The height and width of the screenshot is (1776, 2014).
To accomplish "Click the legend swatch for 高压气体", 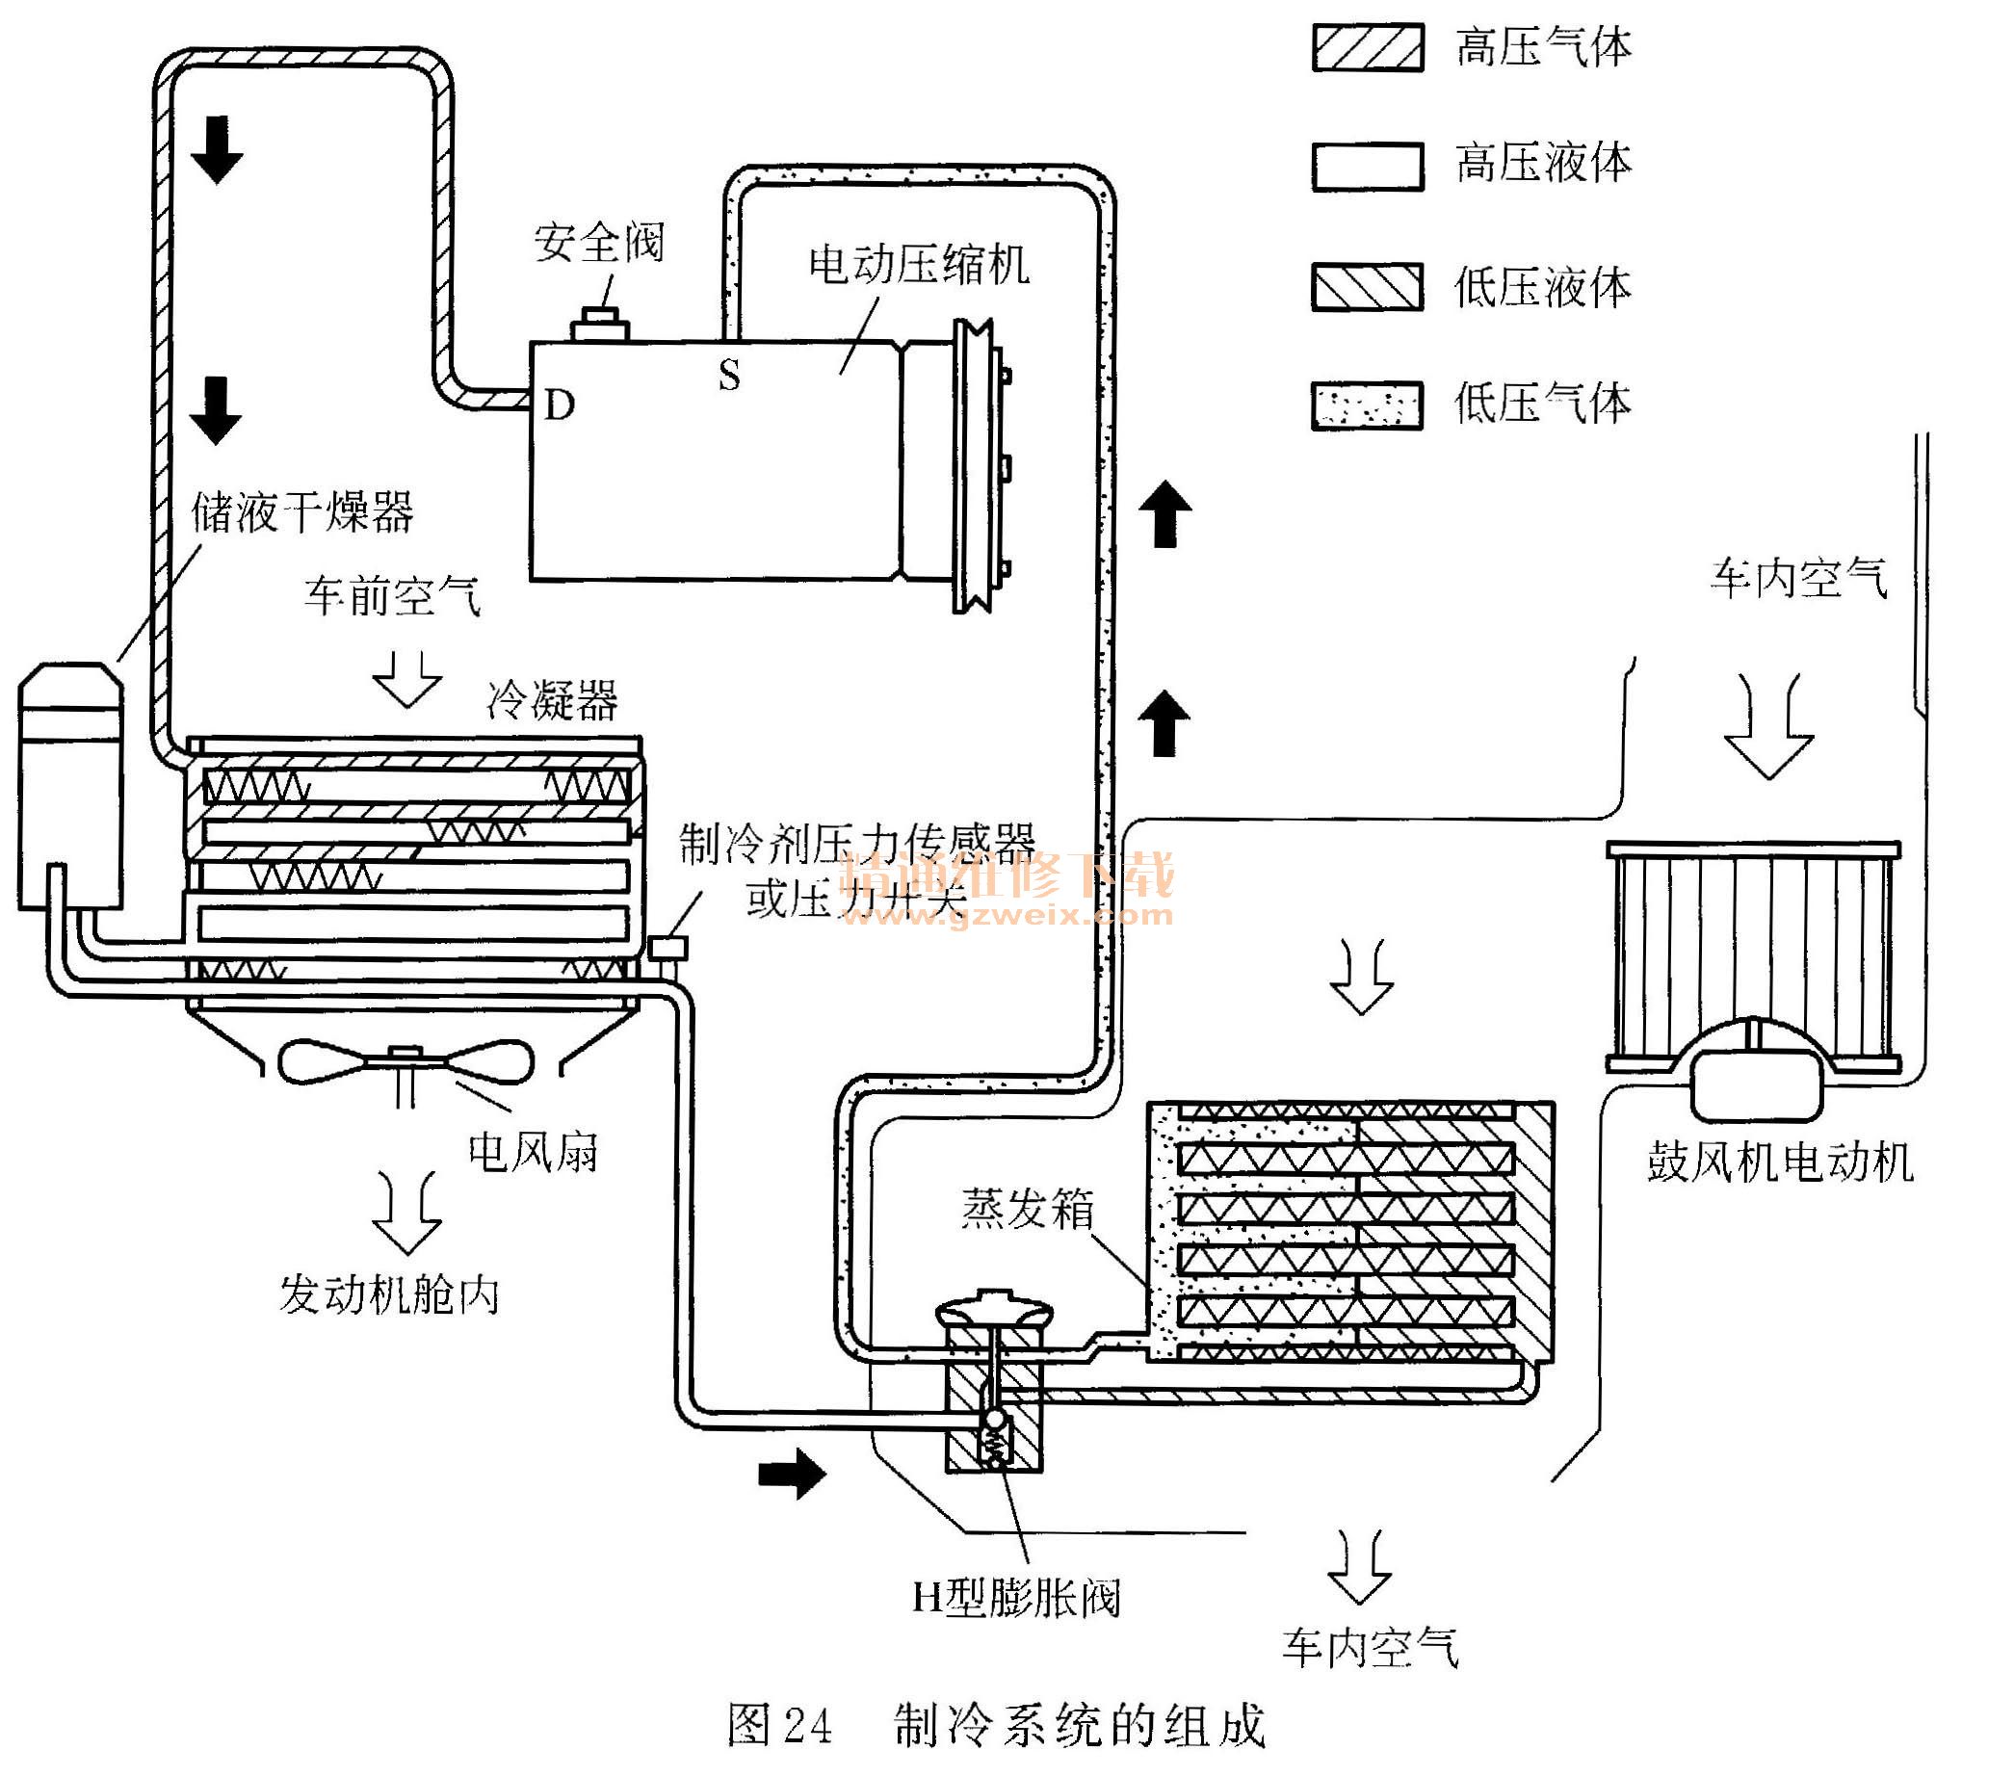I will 1367,47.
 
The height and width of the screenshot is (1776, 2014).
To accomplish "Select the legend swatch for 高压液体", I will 1367,166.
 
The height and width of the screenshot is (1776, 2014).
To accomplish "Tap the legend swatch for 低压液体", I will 1367,287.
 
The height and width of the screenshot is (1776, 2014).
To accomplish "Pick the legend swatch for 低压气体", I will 1367,405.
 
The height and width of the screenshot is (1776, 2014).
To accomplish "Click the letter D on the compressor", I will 559,405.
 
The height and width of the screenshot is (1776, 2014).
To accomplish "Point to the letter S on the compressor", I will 728,376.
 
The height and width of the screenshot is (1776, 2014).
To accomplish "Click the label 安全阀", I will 599,243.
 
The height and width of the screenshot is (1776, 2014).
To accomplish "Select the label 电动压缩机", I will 918,264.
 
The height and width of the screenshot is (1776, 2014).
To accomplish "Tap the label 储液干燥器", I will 301,511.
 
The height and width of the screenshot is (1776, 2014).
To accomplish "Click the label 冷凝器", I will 552,700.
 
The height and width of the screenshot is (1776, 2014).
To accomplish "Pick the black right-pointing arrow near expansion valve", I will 791,1474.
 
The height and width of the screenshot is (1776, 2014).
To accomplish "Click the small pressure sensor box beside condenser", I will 667,948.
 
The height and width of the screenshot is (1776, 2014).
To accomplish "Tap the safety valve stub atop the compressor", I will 600,324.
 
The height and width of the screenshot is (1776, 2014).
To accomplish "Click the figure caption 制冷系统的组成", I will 1079,1725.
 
